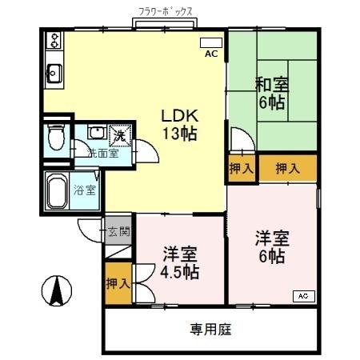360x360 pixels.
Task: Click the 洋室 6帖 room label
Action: (x=270, y=246)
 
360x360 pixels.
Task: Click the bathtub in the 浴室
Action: (x=56, y=192)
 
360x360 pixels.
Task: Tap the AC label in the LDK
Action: (x=211, y=54)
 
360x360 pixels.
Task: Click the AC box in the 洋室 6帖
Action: (x=303, y=296)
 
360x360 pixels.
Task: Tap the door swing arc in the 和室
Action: (x=241, y=138)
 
